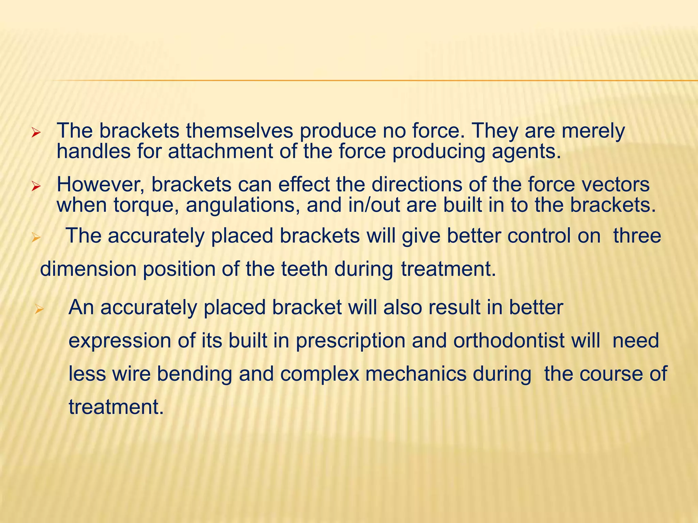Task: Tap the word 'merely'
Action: [x=593, y=131]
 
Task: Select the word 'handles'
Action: [x=93, y=151]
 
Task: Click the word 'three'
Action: [x=637, y=236]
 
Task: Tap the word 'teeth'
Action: [x=304, y=269]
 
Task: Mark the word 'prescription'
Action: [x=350, y=341]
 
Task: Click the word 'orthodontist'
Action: [x=509, y=340]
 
